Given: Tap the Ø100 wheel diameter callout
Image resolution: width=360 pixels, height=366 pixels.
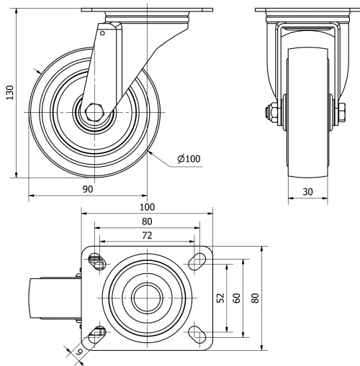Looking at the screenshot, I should (x=188, y=159).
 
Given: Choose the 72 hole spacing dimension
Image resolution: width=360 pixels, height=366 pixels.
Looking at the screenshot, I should (x=146, y=236).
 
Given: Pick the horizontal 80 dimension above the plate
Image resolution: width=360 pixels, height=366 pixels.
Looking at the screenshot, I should (x=146, y=221).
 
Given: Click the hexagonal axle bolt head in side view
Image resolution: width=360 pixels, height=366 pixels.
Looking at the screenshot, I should (x=94, y=113).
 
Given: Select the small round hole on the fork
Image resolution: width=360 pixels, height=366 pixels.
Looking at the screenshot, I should (x=102, y=32).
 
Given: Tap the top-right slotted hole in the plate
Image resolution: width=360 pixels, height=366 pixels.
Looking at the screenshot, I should (x=195, y=261).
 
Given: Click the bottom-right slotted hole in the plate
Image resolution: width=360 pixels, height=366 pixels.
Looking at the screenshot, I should (x=195, y=331).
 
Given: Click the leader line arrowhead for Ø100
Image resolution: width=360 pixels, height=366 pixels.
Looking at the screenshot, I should (x=148, y=152).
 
